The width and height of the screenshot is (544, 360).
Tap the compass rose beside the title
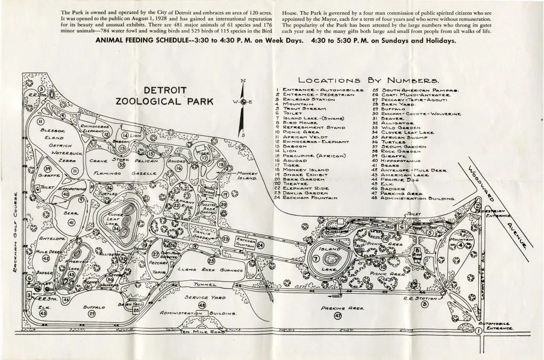(243, 101)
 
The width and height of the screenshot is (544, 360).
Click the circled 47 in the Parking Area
(337, 315)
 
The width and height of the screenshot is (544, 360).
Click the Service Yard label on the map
(202, 297)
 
